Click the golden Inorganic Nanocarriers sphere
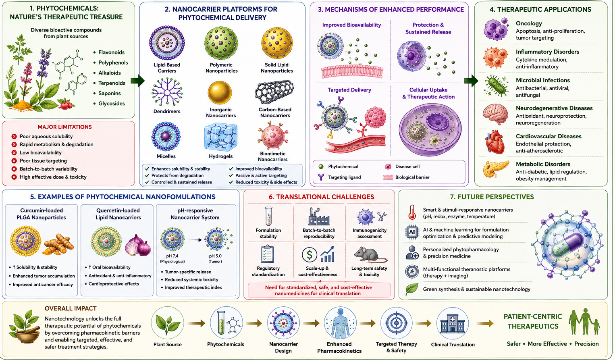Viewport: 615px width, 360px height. pos(220,93)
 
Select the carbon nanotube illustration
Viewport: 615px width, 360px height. pos(274,92)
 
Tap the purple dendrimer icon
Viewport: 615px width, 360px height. pos(167,92)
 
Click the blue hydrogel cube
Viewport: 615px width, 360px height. pos(220,137)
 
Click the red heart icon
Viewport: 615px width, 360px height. pos(495,142)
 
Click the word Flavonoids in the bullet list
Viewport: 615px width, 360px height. pos(112,52)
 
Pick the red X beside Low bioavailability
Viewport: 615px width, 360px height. pos(14,153)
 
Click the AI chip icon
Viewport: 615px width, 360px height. pos(412,232)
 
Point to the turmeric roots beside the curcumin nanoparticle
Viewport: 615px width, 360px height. pos(58,244)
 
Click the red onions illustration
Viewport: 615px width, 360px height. pos(138,245)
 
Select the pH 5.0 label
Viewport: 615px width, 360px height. pos(215,256)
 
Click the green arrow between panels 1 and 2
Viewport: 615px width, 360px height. pos(137,81)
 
